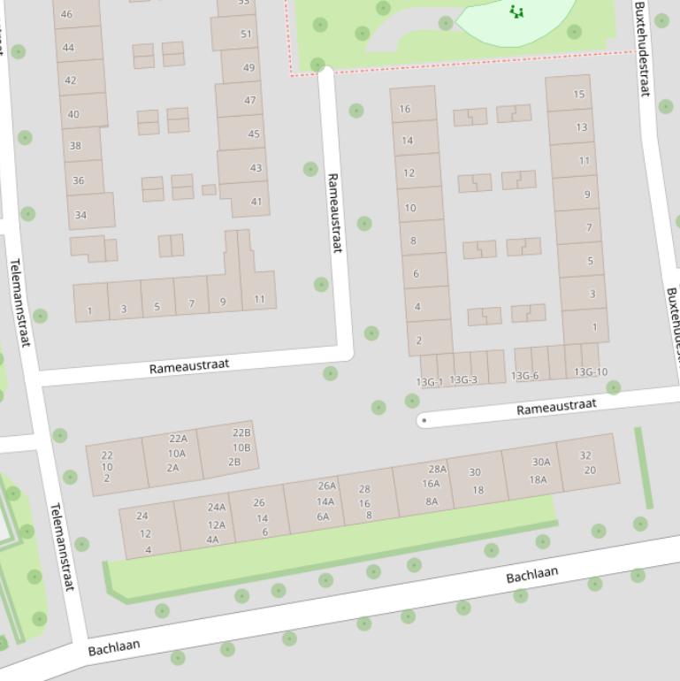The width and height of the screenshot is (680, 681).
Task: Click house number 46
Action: [x=65, y=14]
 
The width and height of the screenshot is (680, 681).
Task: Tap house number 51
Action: [x=246, y=34]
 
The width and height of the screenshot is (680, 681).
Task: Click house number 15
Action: [x=578, y=94]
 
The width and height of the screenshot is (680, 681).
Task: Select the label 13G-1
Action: [x=429, y=382]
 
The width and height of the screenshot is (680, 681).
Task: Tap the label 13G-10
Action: [x=591, y=372]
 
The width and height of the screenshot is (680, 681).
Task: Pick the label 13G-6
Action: [x=524, y=376]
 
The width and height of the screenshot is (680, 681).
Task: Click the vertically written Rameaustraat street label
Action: [x=334, y=212]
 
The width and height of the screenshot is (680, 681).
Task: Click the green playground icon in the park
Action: [x=516, y=11]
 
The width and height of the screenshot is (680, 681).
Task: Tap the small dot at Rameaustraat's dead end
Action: [x=424, y=420]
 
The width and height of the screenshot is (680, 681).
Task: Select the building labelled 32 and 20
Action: [x=587, y=463]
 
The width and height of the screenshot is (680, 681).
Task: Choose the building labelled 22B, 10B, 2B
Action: [x=229, y=448]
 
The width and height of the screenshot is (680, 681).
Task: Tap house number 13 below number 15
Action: [x=581, y=126]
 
